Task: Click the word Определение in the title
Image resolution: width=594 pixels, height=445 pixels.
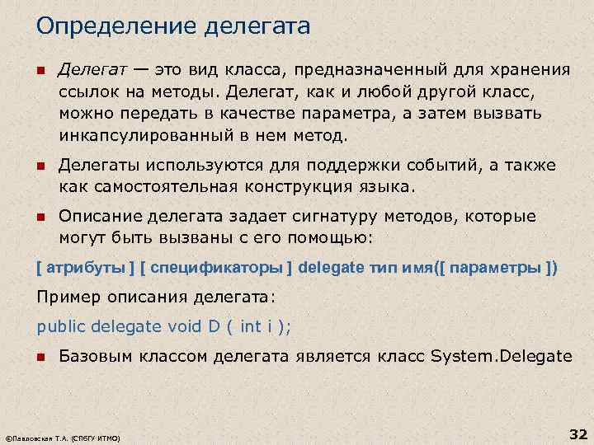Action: tap(101, 27)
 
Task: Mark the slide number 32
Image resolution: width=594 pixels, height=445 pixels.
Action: tap(577, 433)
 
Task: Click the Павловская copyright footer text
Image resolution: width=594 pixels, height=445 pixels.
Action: tap(63, 438)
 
